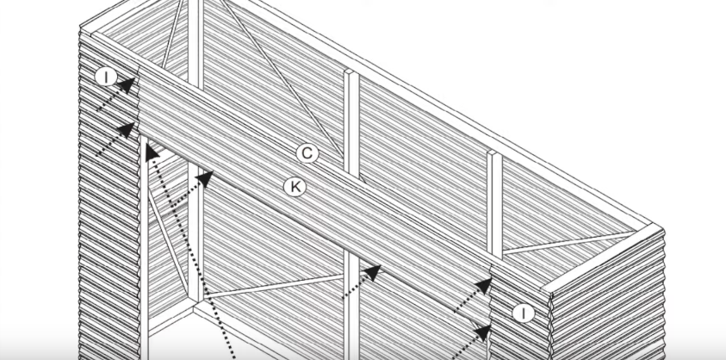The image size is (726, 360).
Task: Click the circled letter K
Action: pyautogui.click(x=295, y=186)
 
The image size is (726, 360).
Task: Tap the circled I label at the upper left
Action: pyautogui.click(x=106, y=77)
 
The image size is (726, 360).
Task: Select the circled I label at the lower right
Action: pyautogui.click(x=523, y=313)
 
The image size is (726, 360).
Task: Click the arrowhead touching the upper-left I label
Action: pyautogui.click(x=128, y=84)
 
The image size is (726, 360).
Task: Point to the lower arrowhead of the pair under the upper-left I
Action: pyautogui.click(x=128, y=130)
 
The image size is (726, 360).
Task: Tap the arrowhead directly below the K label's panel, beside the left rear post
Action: pyautogui.click(x=205, y=178)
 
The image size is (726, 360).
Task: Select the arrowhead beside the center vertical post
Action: pyautogui.click(x=372, y=273)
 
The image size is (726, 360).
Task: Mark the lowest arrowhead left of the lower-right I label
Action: pyautogui.click(x=483, y=332)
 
